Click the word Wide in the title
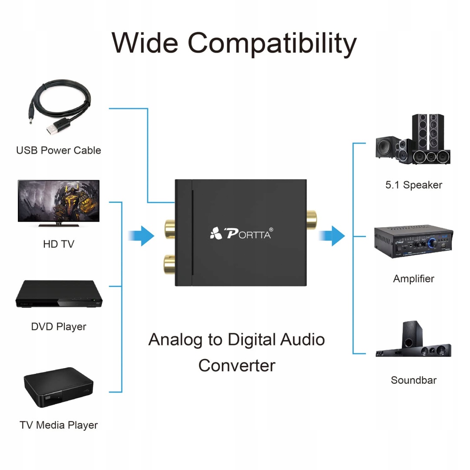(144, 43)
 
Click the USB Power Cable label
(58, 151)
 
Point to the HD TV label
(58, 244)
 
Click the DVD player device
(59, 295)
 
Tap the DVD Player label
(58, 327)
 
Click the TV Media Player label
(58, 425)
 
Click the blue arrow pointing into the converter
(142, 236)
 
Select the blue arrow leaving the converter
(333, 236)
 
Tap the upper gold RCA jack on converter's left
(168, 228)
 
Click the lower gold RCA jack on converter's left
(168, 264)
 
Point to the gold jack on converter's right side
(311, 220)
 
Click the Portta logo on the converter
(241, 234)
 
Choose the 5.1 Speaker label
(413, 185)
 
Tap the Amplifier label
(413, 279)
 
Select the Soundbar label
(413, 380)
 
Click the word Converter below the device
(237, 366)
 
